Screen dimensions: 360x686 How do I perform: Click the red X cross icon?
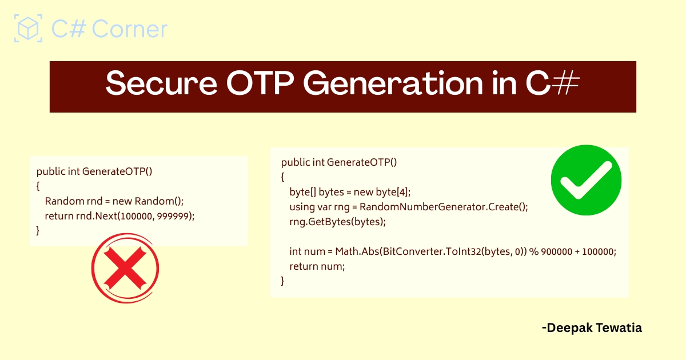(125, 271)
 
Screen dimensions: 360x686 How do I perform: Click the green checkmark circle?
(585, 181)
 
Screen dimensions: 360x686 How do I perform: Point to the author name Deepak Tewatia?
(591, 328)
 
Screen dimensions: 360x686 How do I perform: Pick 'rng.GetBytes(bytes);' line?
(338, 222)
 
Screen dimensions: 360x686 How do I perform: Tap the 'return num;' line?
(317, 266)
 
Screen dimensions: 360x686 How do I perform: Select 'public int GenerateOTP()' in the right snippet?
(339, 162)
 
